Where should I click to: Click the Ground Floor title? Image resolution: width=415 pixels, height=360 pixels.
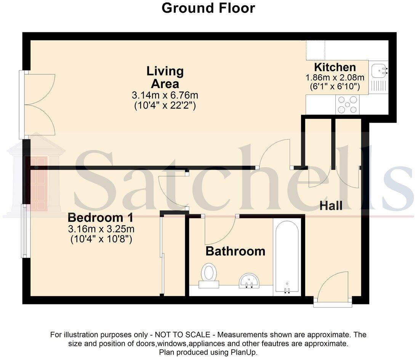(x=208, y=8)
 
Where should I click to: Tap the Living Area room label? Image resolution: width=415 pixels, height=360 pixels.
(x=165, y=77)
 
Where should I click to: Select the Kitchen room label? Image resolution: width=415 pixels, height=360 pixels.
(x=335, y=67)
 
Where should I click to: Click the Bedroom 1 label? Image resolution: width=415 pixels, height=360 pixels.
(x=101, y=218)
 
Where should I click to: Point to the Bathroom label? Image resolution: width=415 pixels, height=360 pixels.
(x=235, y=251)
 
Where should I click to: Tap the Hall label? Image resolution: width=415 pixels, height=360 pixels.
(x=331, y=206)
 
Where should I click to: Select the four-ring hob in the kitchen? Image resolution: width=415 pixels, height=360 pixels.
(x=347, y=104)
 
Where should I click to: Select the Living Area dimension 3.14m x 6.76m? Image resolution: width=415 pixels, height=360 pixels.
(x=165, y=95)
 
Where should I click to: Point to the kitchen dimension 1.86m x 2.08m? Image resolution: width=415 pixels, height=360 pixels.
(x=335, y=78)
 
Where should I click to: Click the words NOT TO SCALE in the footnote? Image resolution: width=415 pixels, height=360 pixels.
(x=182, y=335)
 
